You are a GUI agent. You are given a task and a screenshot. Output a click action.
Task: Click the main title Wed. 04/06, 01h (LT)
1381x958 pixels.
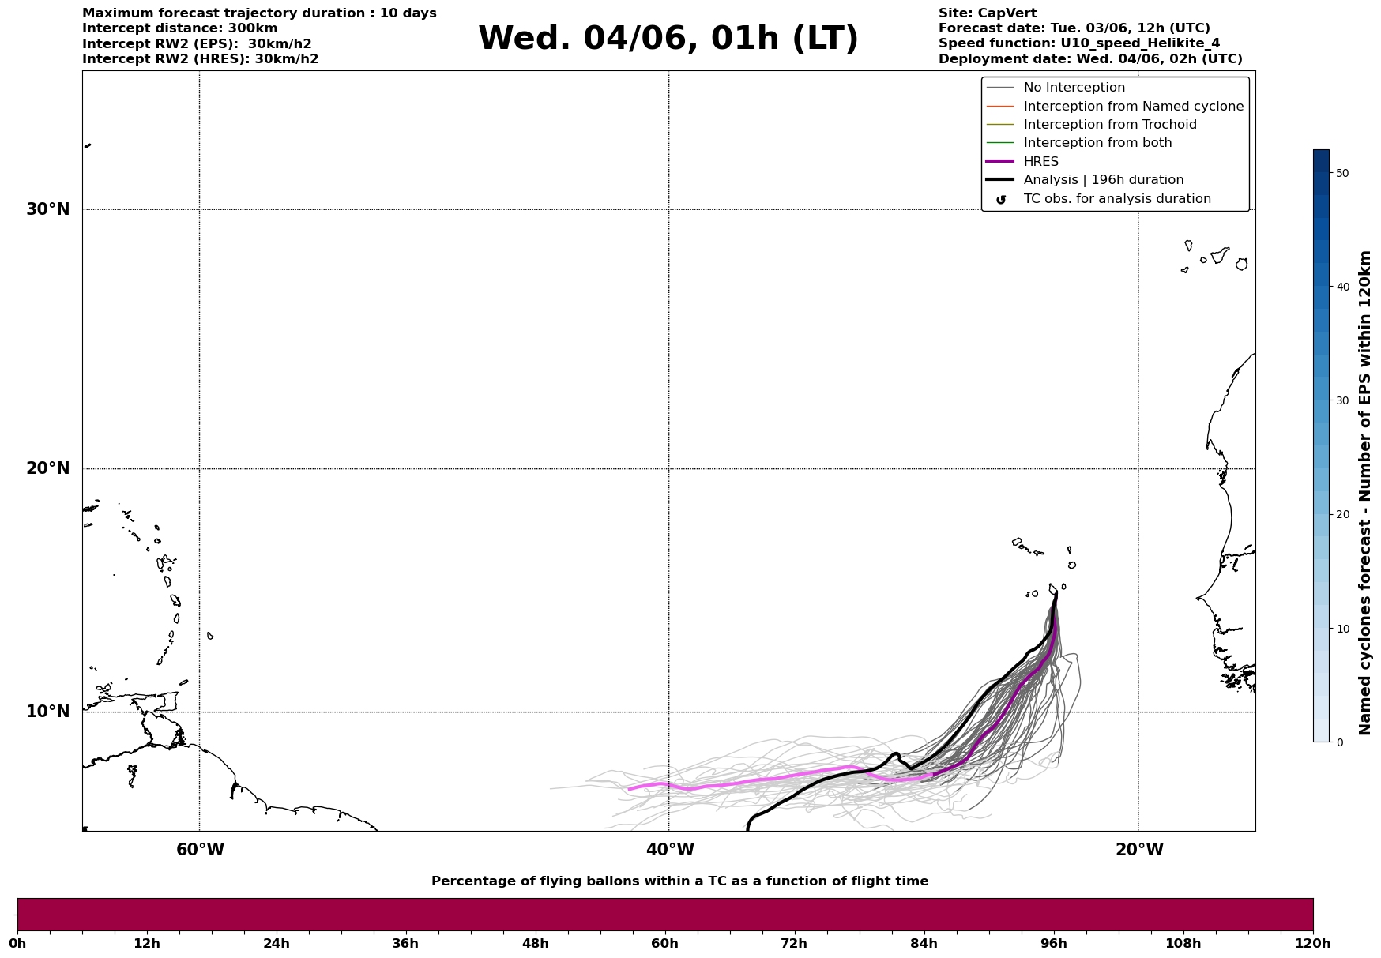(x=668, y=39)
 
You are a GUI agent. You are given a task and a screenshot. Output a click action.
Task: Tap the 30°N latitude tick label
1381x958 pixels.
(x=48, y=209)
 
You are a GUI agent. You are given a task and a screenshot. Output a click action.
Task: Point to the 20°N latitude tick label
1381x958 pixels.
(x=48, y=468)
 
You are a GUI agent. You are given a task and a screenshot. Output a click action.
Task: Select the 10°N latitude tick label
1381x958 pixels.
(x=48, y=712)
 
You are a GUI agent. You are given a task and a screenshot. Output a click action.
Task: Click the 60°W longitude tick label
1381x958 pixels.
(x=200, y=850)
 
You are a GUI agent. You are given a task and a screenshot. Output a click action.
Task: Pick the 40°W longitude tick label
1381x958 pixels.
(x=670, y=850)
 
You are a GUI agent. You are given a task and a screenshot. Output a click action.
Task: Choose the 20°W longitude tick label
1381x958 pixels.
(x=1138, y=850)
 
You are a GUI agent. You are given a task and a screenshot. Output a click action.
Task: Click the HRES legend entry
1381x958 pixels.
(x=1040, y=162)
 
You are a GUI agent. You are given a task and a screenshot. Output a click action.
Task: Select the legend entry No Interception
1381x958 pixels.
(x=1074, y=88)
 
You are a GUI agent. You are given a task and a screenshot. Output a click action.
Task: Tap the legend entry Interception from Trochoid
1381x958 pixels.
(x=1109, y=125)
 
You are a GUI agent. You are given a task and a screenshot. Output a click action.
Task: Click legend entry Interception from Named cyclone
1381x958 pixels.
(x=1133, y=107)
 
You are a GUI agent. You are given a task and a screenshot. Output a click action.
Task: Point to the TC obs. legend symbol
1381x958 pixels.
(x=1001, y=200)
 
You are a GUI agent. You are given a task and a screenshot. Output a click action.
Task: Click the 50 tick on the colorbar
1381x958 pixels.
(x=1341, y=173)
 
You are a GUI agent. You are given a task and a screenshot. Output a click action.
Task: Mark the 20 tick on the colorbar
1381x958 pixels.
(x=1341, y=515)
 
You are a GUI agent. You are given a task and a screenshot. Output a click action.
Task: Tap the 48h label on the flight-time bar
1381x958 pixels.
(x=535, y=944)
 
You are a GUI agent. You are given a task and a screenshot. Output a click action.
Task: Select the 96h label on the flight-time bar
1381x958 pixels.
(x=1053, y=944)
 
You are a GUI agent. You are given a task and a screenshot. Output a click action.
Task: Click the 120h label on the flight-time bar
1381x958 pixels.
(x=1313, y=944)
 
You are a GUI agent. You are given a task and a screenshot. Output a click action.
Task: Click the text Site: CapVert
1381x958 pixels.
(x=987, y=13)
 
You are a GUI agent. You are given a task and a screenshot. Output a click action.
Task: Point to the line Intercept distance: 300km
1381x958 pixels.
(x=179, y=28)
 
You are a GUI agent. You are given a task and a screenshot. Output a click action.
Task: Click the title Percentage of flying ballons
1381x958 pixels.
(x=679, y=881)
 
